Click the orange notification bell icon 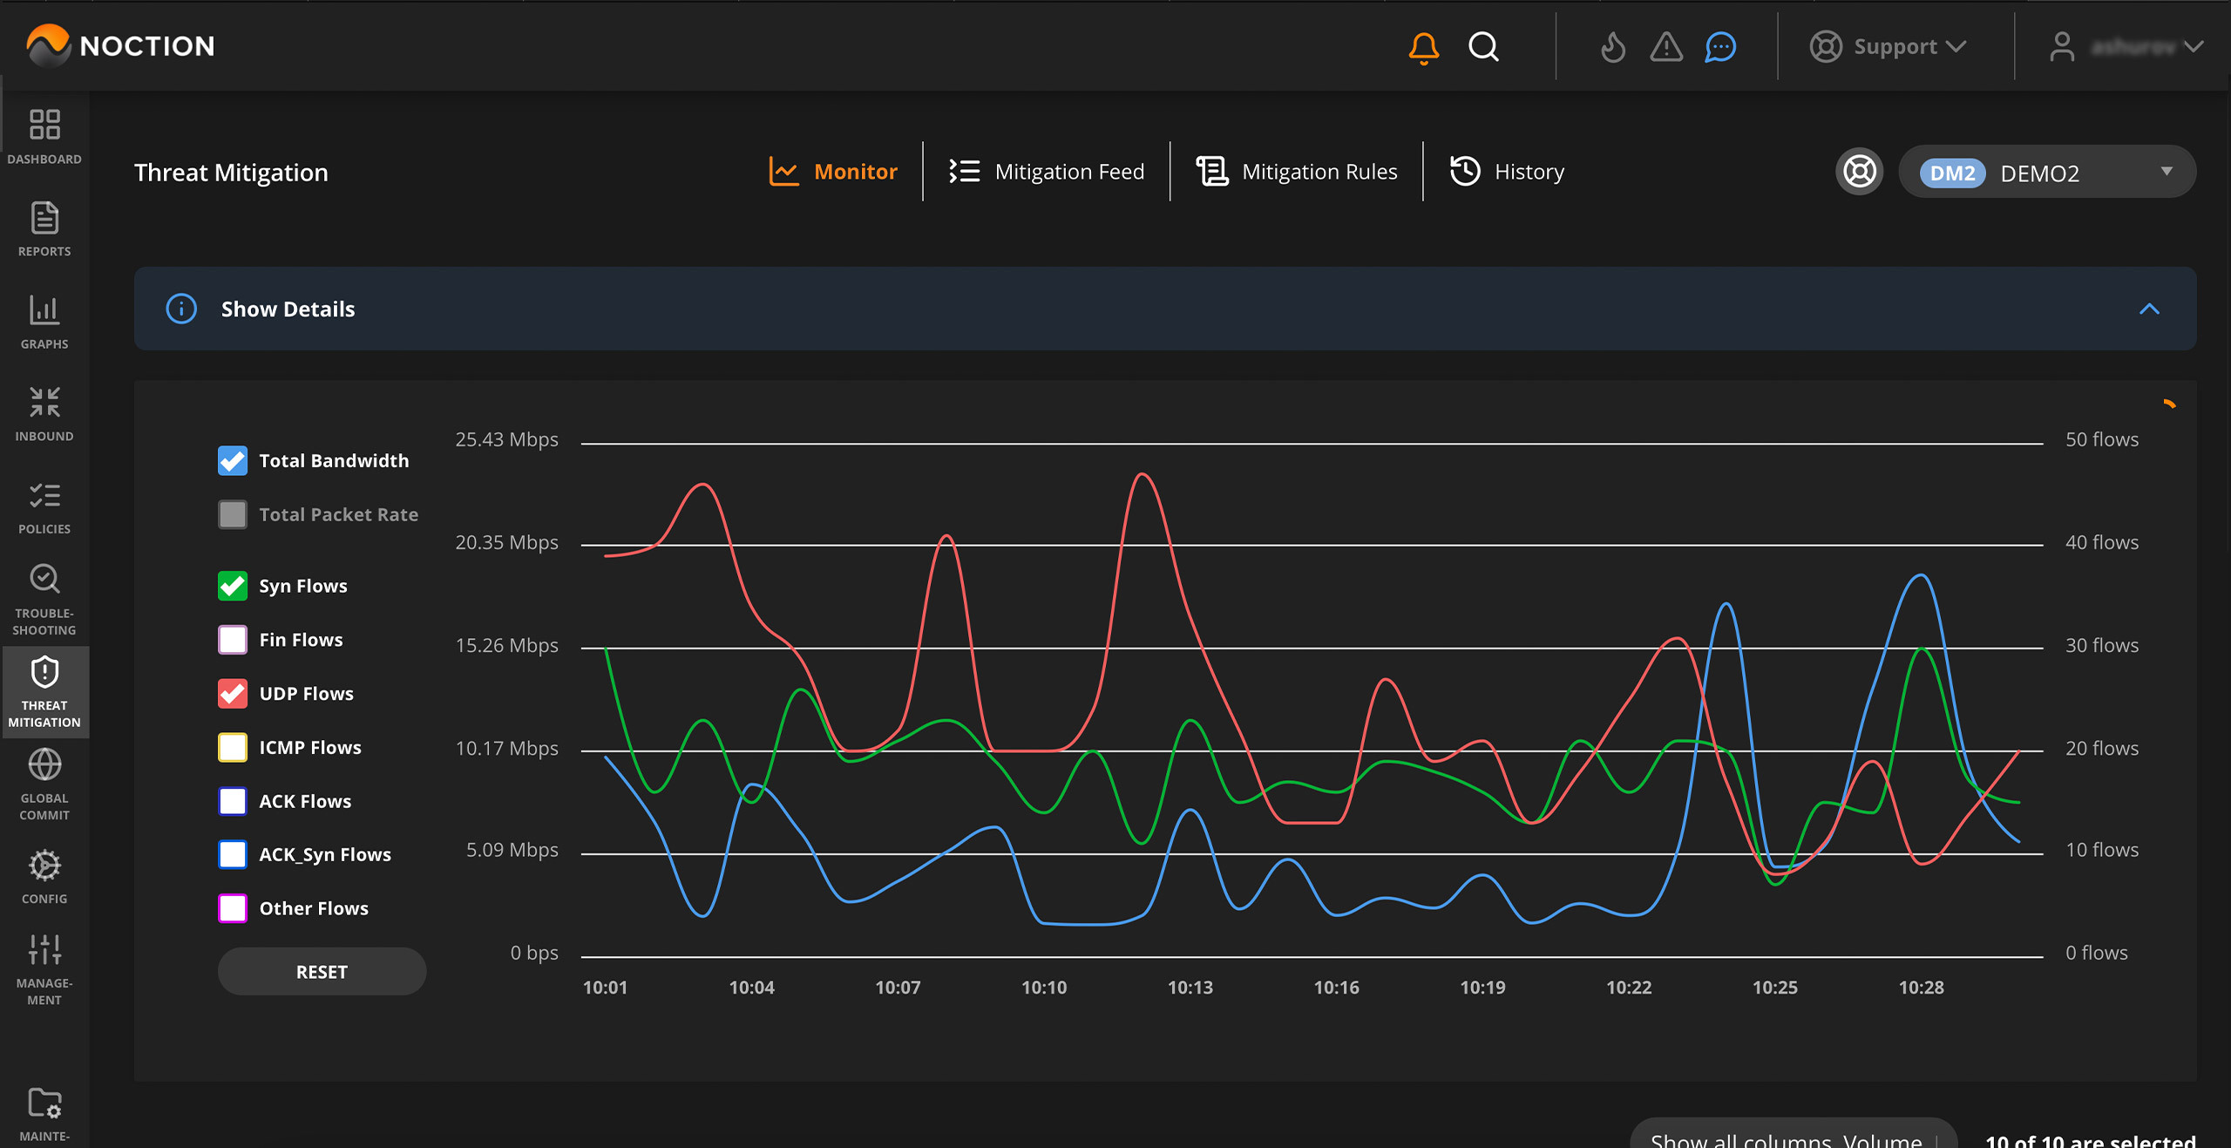coord(1423,47)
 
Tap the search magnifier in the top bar coord(1483,47)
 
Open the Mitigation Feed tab coord(1047,172)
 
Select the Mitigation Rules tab coord(1297,172)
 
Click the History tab coord(1508,172)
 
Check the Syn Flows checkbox coord(233,586)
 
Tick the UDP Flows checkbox coord(233,694)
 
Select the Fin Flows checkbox coord(233,640)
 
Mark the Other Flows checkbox coord(233,908)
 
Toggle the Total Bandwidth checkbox coord(233,461)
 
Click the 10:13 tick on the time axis coord(1190,988)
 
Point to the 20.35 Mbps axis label coord(506,543)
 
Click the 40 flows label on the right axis coord(2101,543)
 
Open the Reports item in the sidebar coord(44,229)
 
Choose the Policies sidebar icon coord(44,507)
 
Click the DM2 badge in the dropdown coord(1952,173)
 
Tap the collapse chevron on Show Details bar coord(2149,309)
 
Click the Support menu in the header coord(1889,47)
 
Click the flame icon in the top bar coord(1612,47)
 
